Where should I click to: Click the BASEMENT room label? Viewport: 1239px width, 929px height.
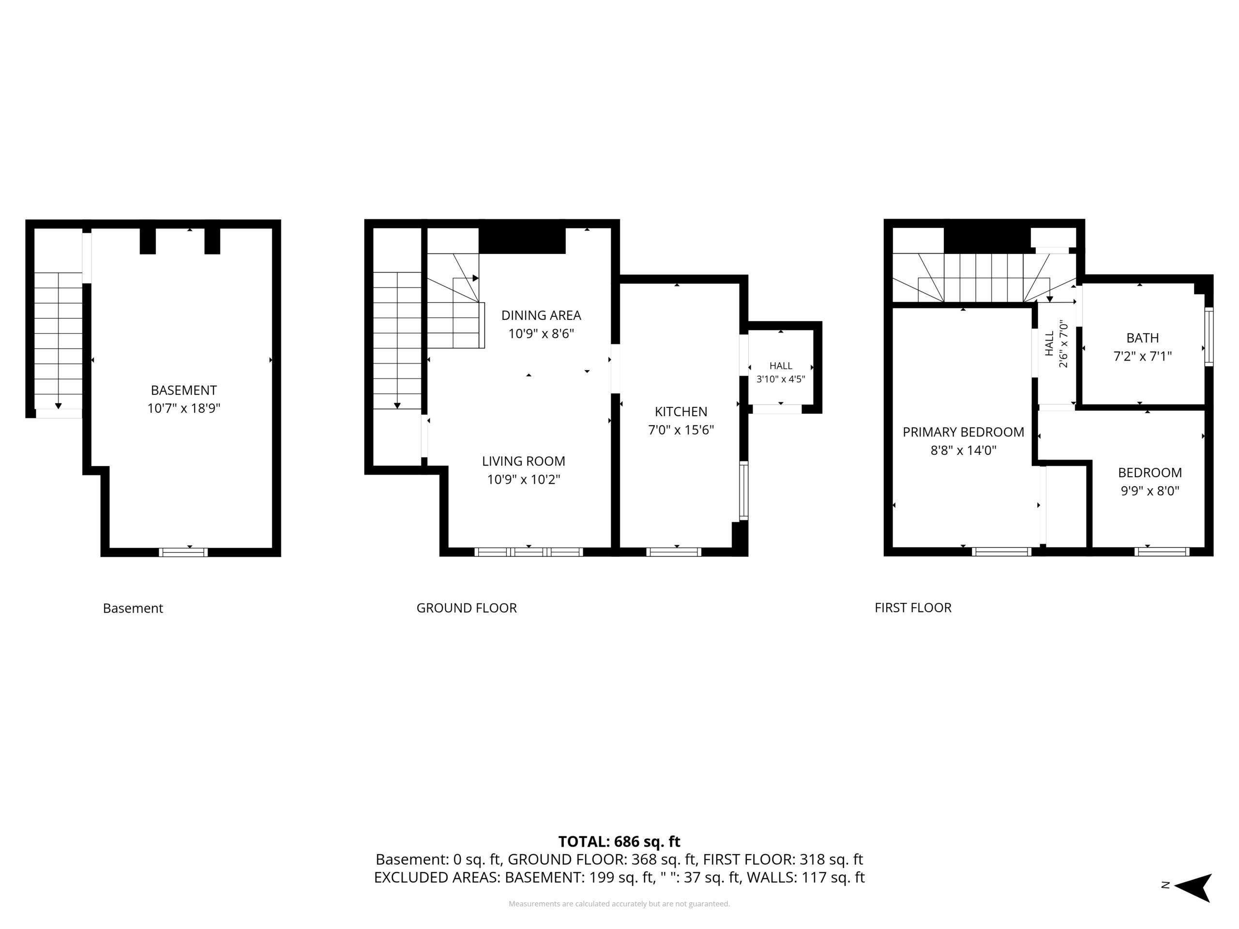184,390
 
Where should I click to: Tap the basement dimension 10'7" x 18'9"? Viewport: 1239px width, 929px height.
184,408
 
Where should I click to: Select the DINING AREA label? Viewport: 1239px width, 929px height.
541,315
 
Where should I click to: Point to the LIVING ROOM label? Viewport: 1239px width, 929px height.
523,462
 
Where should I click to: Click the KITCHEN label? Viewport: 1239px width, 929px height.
681,412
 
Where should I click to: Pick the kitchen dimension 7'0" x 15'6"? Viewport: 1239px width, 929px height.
681,430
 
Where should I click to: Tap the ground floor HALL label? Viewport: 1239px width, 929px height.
781,366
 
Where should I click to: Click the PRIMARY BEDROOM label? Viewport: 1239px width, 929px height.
964,432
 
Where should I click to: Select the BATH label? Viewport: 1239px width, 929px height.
1143,338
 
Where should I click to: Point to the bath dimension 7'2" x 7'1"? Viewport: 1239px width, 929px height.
1143,356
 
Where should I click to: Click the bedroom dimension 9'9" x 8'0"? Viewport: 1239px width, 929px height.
1150,491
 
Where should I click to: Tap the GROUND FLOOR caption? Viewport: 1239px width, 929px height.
467,608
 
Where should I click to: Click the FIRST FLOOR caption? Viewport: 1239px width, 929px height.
913,608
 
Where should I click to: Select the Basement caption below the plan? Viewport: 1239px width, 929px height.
133,609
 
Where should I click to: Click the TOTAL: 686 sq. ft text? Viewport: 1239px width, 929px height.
619,841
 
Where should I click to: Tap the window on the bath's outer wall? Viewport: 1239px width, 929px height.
1209,337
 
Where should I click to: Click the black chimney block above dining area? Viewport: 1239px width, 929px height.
522,241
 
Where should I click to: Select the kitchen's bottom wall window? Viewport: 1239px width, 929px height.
674,552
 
